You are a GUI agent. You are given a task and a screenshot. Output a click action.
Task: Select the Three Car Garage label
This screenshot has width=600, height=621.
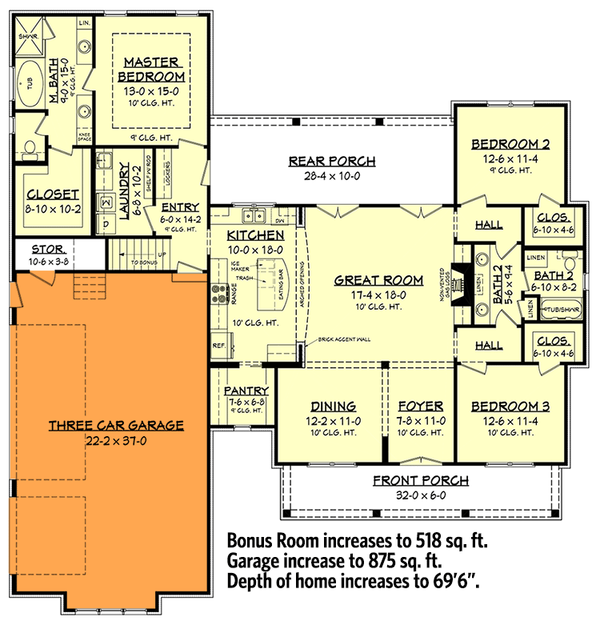click(x=116, y=426)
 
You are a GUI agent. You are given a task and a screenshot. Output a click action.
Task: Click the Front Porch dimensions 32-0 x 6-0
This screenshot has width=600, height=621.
click(x=420, y=495)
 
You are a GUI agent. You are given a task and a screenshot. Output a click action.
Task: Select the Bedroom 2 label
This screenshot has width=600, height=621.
click(x=510, y=144)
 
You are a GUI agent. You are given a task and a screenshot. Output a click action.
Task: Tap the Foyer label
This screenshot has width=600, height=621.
click(x=421, y=406)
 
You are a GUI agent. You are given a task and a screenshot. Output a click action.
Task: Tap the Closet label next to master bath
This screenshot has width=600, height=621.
click(x=53, y=194)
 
